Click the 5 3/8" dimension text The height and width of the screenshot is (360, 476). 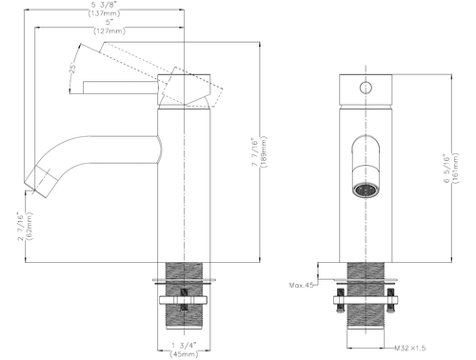105,6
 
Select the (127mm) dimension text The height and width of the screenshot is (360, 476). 109,31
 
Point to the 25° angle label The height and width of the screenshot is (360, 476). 73,69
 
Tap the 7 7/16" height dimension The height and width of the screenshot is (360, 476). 254,151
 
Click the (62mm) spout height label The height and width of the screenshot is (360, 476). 30,226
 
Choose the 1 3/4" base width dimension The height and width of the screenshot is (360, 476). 184,345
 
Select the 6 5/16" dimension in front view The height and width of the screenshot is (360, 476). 446,169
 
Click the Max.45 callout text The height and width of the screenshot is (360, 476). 301,285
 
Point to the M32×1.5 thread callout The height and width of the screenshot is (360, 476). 410,349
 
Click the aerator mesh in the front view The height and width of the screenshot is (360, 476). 366,190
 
